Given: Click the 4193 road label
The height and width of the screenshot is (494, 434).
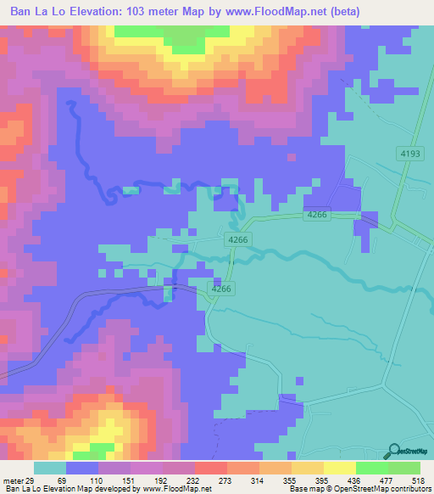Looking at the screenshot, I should [410, 153].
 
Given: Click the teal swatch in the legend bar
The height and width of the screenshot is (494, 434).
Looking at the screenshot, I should [49, 469].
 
